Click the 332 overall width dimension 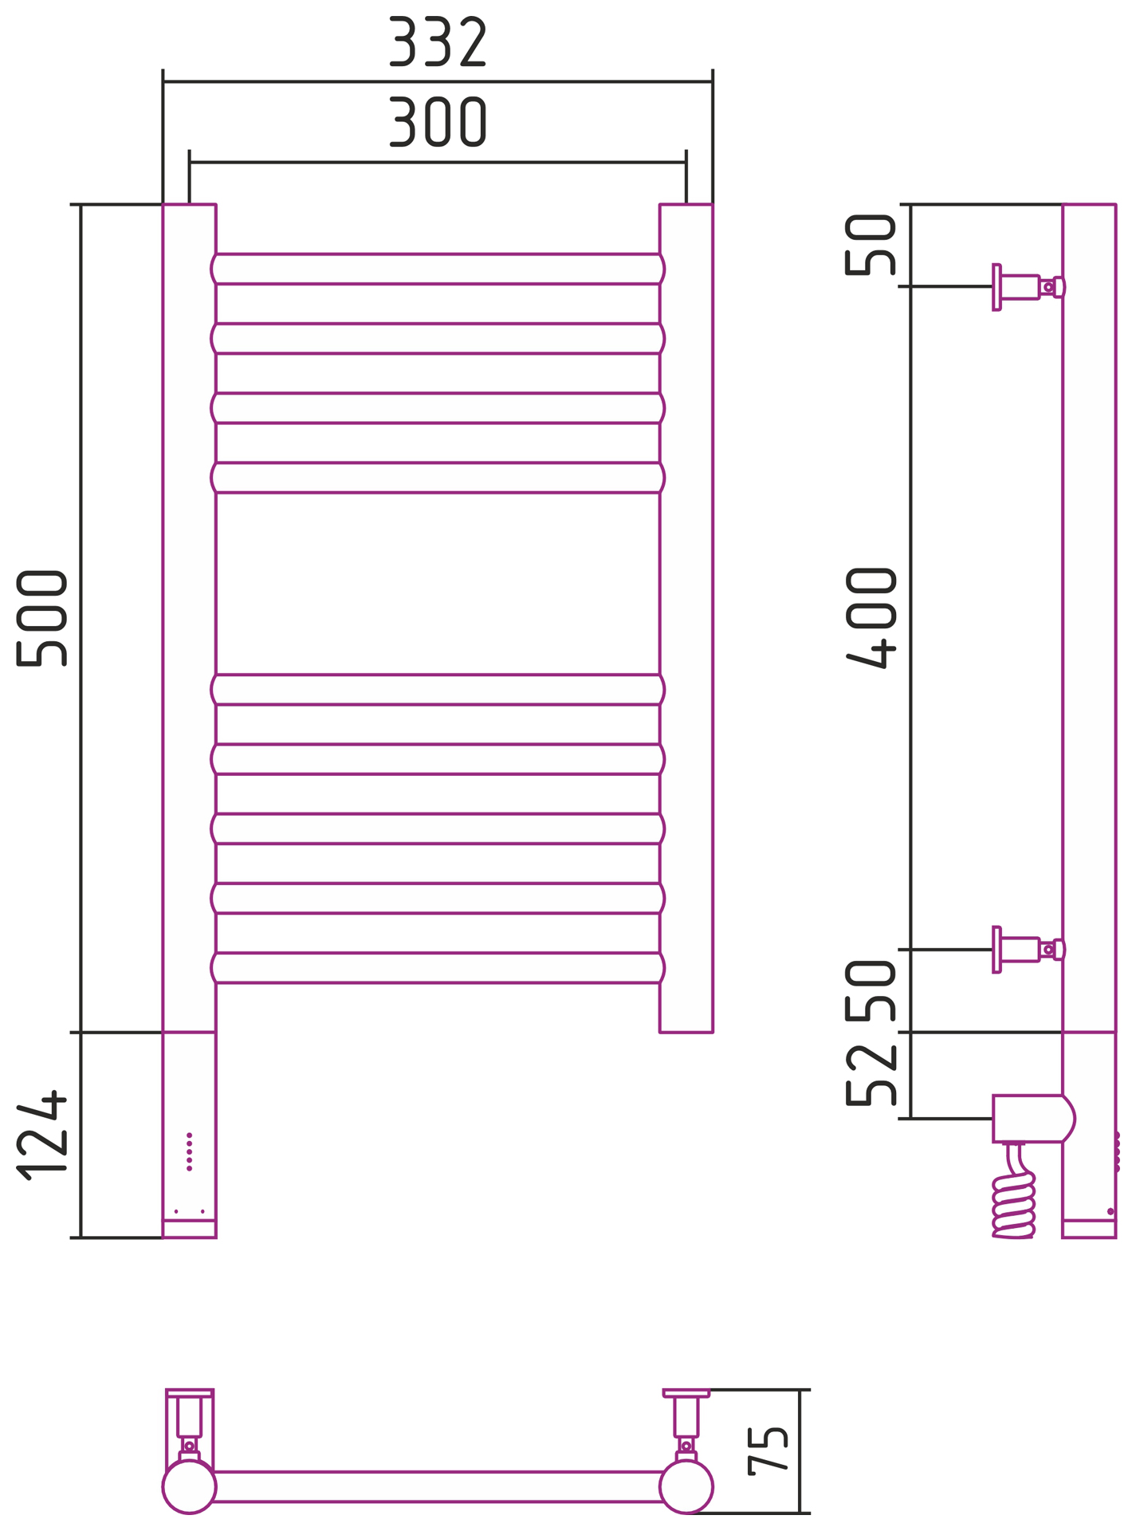pos(437,41)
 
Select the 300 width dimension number pos(437,122)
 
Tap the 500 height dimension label pos(41,618)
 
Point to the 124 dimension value pos(41,1135)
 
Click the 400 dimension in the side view pos(871,617)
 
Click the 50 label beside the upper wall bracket pos(871,245)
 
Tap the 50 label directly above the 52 pos(871,991)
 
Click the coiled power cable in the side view pos(1013,1204)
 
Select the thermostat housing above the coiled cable pos(1032,1118)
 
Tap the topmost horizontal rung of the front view pos(438,269)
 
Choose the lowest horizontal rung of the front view pos(438,967)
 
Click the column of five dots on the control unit pos(189,1151)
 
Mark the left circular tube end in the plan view pos(189,1486)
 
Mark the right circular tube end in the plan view pos(686,1486)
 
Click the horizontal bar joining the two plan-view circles pos(438,1486)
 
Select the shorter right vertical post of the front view pos(686,618)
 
